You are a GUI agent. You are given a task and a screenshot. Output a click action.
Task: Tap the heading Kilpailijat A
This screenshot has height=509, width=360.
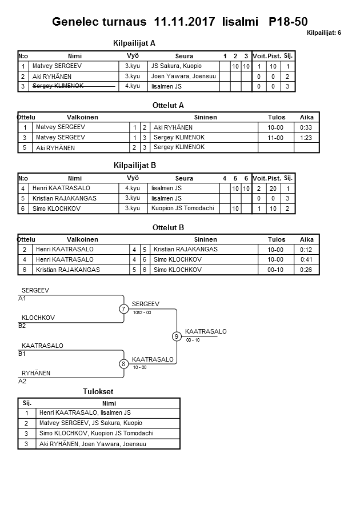pyautogui.click(x=135, y=43)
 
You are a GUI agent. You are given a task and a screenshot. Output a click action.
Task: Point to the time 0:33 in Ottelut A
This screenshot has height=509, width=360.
pyautogui.click(x=306, y=127)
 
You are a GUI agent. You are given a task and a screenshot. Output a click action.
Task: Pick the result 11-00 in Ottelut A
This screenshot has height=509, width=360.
pyautogui.click(x=276, y=138)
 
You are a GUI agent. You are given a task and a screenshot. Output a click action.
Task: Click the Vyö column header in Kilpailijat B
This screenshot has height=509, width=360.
pyautogui.click(x=132, y=178)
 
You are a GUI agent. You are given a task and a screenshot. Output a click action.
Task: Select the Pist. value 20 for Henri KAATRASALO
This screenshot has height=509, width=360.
pyautogui.click(x=274, y=189)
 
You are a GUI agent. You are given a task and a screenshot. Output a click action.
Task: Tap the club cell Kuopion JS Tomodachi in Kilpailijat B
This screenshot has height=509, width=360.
pyautogui.click(x=182, y=209)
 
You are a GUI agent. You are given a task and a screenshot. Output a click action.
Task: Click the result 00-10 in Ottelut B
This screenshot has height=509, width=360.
pyautogui.click(x=276, y=270)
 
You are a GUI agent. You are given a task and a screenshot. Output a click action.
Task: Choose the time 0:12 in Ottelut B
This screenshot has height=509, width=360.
pyautogui.click(x=306, y=250)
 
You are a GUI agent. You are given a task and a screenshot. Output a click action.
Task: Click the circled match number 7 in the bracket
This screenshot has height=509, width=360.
pyautogui.click(x=123, y=309)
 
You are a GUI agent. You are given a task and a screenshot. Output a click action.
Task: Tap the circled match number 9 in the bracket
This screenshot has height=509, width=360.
pyautogui.click(x=177, y=336)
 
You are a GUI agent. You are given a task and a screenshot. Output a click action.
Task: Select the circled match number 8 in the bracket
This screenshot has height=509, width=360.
pyautogui.click(x=123, y=363)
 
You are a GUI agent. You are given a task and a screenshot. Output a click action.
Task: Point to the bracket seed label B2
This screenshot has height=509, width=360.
pyautogui.click(x=22, y=326)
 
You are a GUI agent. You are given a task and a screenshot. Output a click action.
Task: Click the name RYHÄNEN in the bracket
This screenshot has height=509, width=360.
pyautogui.click(x=36, y=373)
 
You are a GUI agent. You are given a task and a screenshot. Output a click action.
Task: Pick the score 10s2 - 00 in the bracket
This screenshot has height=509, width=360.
pyautogui.click(x=142, y=312)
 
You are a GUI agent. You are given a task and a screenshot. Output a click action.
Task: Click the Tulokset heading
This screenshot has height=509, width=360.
pyautogui.click(x=98, y=391)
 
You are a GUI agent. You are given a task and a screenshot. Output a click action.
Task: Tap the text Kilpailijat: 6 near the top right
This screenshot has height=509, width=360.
pyautogui.click(x=323, y=33)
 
